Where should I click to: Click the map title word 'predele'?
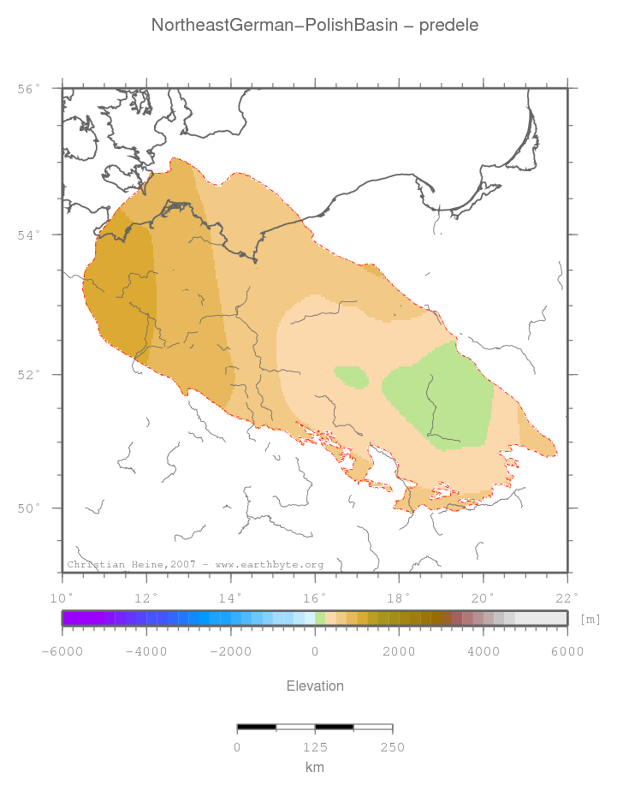coord(449,26)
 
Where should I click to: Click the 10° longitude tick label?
coord(62,597)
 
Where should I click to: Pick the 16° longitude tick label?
coord(315,597)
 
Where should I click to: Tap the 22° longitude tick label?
coord(567,597)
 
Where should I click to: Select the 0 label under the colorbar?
coord(315,651)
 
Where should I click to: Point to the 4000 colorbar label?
coord(484,651)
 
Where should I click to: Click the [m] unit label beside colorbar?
coord(590,618)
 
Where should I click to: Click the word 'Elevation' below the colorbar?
coord(315,686)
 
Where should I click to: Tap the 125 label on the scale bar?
coord(315,747)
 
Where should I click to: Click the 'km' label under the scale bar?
coord(315,768)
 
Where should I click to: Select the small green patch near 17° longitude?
coord(351,377)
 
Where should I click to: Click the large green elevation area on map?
coord(441,394)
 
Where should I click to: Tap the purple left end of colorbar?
coord(73,618)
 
